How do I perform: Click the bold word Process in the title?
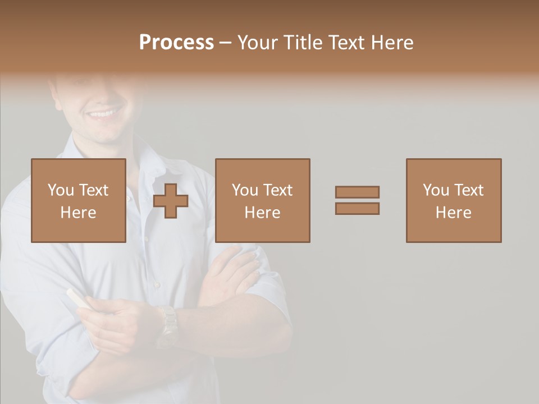coord(176,43)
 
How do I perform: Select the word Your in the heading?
coord(258,43)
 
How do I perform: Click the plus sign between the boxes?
coord(171,201)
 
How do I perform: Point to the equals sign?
coord(357,200)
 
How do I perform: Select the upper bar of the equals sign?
coord(357,192)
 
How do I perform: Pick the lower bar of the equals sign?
coord(357,209)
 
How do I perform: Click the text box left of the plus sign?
coord(78,200)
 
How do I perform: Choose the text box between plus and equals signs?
coord(262,200)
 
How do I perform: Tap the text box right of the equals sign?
coord(453,200)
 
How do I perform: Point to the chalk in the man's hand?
coord(78,298)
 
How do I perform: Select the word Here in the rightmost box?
coord(453,213)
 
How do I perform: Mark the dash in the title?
coord(226,43)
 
